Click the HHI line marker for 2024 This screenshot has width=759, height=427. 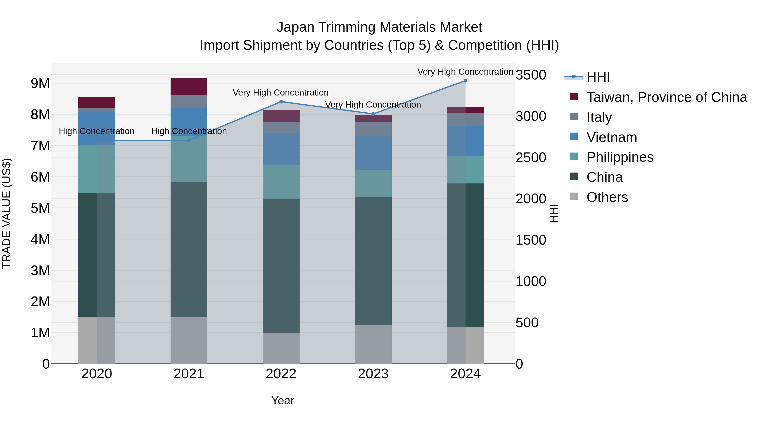tap(465, 81)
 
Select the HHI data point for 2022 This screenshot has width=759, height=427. tap(281, 102)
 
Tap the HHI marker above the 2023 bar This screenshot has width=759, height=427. tap(373, 114)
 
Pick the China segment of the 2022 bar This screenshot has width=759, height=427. tap(281, 266)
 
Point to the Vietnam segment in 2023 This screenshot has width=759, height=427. tap(373, 153)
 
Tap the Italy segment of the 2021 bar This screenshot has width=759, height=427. tap(189, 101)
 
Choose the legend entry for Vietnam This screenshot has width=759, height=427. tap(611, 137)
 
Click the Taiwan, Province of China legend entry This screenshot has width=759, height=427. tap(666, 97)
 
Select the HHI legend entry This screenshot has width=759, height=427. tap(598, 77)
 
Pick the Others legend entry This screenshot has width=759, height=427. tap(607, 197)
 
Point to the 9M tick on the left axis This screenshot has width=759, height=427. tap(40, 83)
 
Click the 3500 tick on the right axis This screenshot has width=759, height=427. tap(531, 75)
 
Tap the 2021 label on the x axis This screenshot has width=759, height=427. tap(189, 374)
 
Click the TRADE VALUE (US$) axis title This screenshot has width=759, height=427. tap(7, 213)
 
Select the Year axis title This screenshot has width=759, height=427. tap(283, 400)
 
